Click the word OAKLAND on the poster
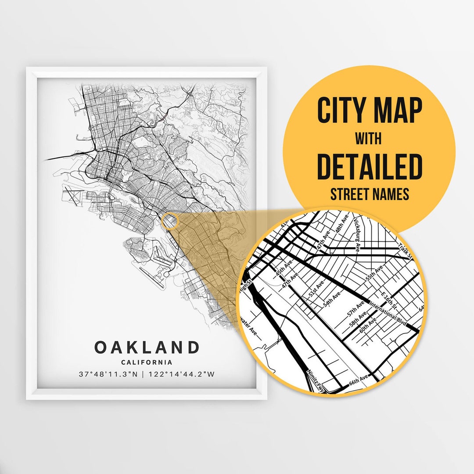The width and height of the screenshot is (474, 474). coord(147,347)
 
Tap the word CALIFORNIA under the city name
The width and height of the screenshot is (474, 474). coord(147,363)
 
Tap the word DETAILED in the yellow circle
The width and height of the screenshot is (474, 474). coord(369,167)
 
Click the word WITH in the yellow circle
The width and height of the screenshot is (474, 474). coord(369,139)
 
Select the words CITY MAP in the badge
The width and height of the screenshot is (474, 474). coord(369,111)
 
